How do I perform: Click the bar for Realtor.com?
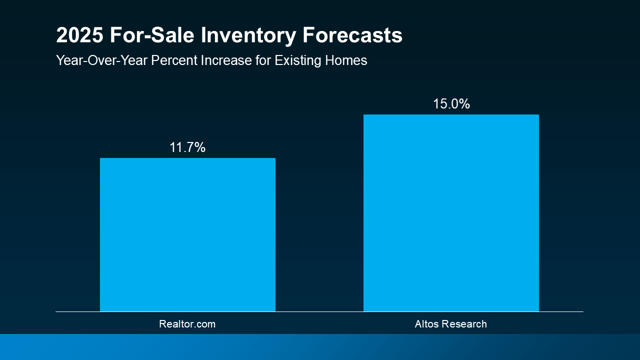(x=187, y=235)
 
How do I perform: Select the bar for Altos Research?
(x=451, y=213)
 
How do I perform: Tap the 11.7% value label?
(x=187, y=147)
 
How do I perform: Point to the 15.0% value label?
(x=451, y=104)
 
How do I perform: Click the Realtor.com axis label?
(x=187, y=324)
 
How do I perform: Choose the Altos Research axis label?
(x=450, y=324)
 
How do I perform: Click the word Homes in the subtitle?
(x=349, y=60)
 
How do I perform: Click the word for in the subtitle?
(x=263, y=60)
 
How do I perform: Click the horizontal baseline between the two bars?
(x=319, y=311)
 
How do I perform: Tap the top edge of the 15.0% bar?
(x=451, y=115)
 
